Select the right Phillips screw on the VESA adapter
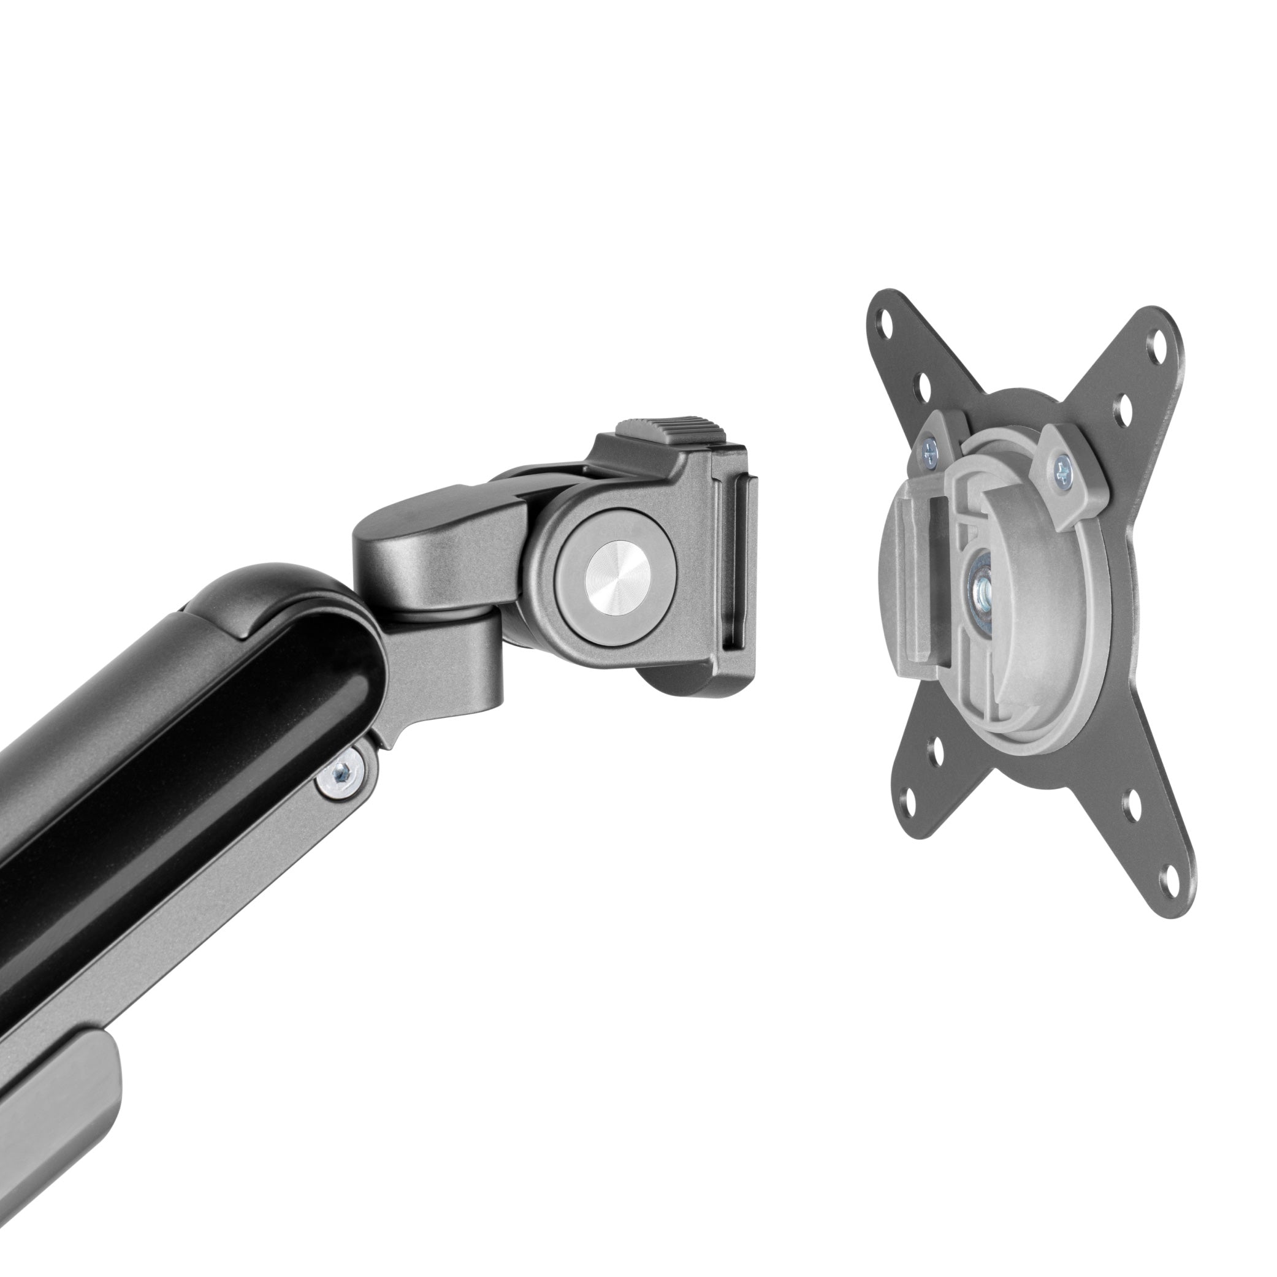[1062, 472]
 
